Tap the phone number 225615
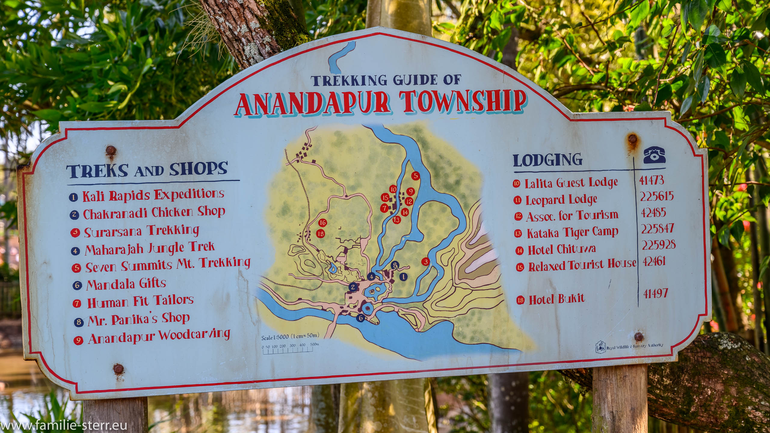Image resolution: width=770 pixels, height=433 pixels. click(x=657, y=197)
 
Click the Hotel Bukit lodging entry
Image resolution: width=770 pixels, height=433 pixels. click(x=556, y=298)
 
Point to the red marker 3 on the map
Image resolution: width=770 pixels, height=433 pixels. click(x=425, y=262)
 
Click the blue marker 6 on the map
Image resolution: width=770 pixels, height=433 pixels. click(x=360, y=318)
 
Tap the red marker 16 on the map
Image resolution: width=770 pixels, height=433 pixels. click(x=322, y=223)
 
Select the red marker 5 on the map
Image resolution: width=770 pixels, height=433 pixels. click(x=415, y=176)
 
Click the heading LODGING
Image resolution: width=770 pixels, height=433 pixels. click(x=547, y=160)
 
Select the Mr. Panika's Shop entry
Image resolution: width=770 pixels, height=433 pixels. click(x=138, y=319)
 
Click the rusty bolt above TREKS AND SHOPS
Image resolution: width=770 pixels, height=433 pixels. click(x=111, y=150)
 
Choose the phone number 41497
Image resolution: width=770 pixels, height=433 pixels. click(x=655, y=293)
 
